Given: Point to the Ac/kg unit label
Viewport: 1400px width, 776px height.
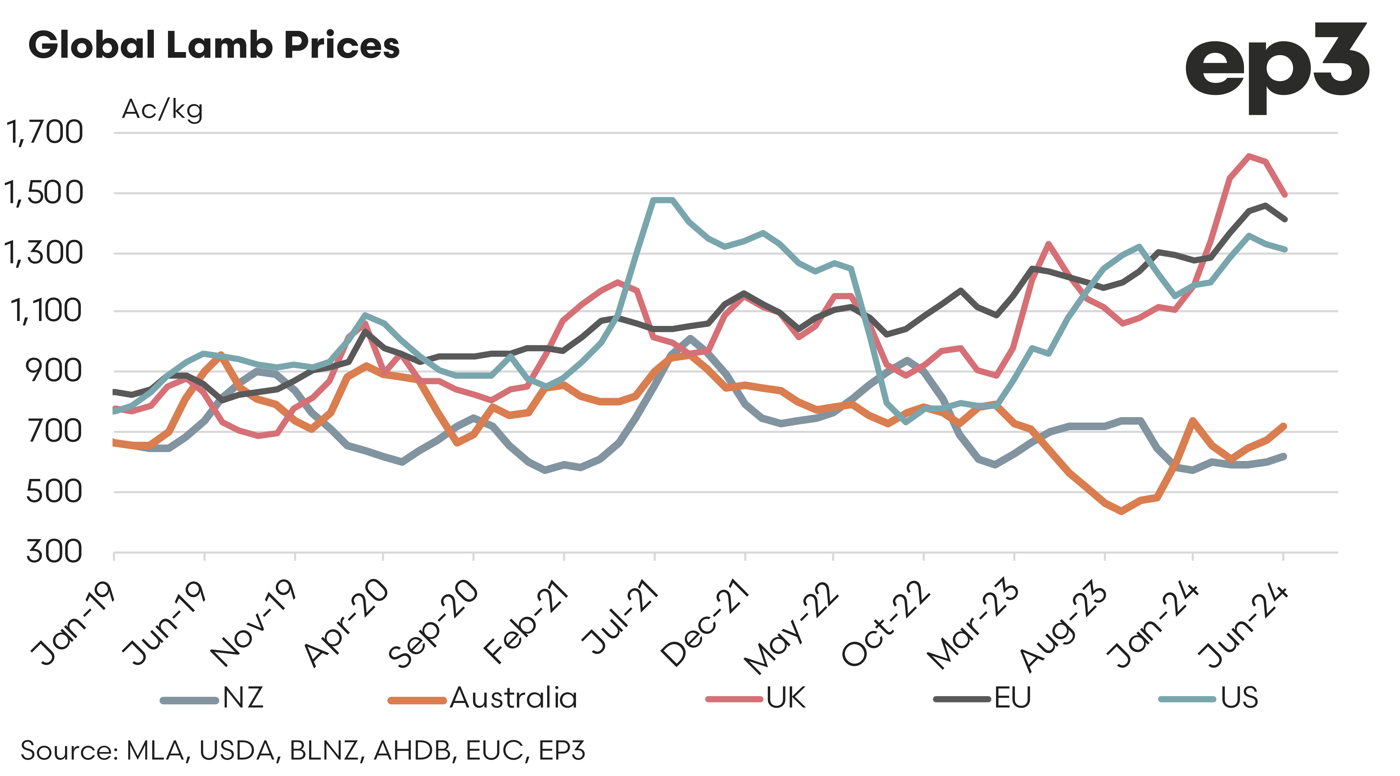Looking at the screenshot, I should tap(162, 110).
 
